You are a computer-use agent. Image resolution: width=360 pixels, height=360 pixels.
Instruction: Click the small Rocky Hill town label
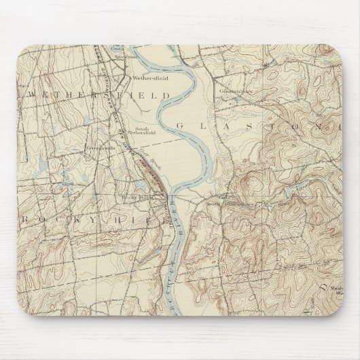(131, 198)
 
